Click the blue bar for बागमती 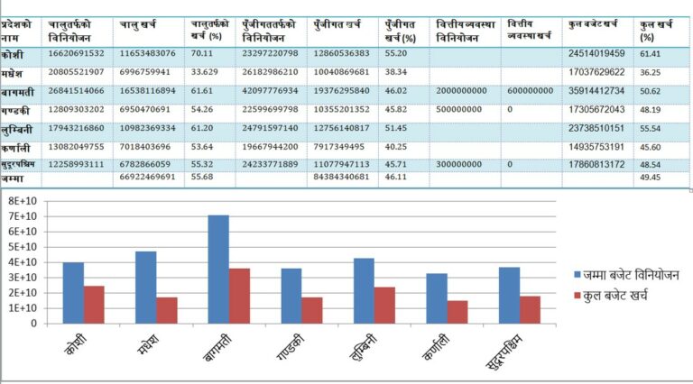[x=218, y=269]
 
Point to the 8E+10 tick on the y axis [x=21, y=201]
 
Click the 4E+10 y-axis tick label [x=21, y=262]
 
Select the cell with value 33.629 [x=208, y=72]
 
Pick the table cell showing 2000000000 [x=460, y=91]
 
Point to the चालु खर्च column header [x=141, y=22]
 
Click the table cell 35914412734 [x=597, y=91]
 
